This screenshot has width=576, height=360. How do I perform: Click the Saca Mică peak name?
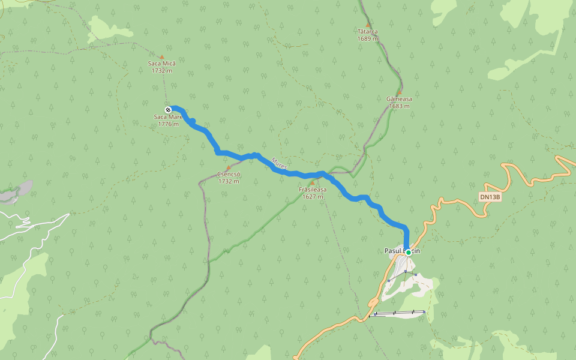[162, 63]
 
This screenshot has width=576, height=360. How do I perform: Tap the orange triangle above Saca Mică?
[161, 57]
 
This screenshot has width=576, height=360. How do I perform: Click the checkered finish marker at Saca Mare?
[168, 109]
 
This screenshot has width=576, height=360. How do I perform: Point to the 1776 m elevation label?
[169, 124]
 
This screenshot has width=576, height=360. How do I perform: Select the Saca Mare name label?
[168, 117]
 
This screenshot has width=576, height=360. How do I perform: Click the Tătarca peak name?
[367, 31]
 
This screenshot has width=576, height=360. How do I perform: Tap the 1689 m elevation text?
[367, 38]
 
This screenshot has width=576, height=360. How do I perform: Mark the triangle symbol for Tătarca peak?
[368, 25]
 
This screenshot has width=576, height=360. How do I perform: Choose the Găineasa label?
[399, 99]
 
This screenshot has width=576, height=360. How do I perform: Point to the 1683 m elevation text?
[399, 106]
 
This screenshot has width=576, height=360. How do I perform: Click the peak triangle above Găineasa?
[398, 92]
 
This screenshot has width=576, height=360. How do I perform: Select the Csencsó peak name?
[229, 174]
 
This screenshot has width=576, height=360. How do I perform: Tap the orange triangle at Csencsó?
[228, 168]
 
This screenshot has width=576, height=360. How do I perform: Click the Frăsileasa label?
[313, 190]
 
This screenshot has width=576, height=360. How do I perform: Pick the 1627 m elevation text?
[313, 196]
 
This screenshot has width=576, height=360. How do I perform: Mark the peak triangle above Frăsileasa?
[312, 183]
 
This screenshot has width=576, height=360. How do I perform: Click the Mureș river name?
[279, 163]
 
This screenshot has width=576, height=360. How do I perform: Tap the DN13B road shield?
[490, 197]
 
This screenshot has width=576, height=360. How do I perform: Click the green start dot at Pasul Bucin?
[409, 253]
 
